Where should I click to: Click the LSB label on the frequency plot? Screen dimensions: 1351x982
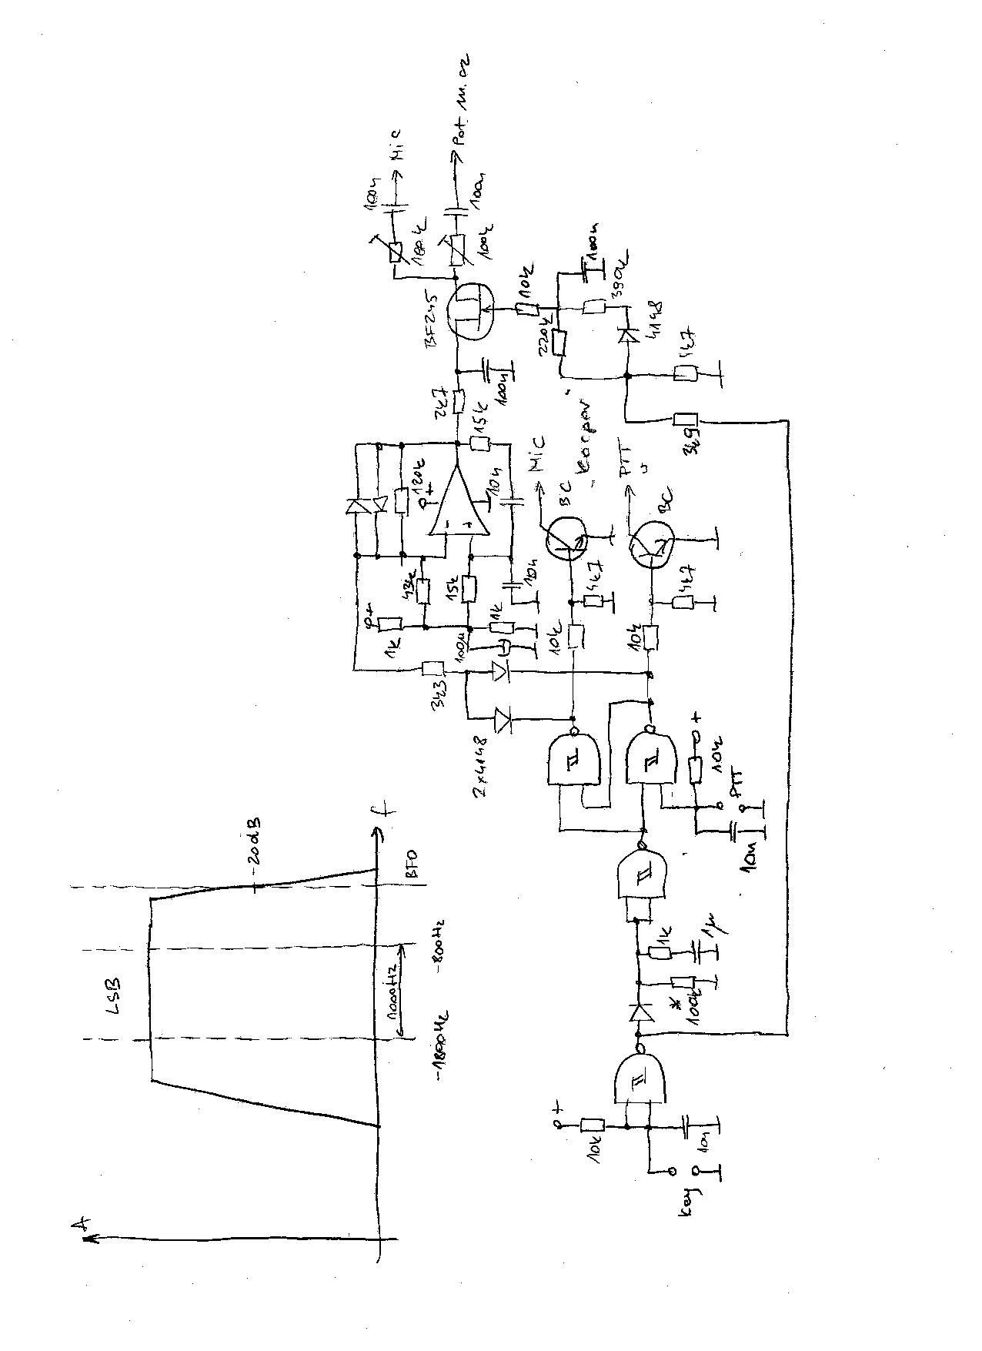pyautogui.click(x=112, y=995)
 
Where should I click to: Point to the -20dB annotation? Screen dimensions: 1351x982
pyautogui.click(x=254, y=848)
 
